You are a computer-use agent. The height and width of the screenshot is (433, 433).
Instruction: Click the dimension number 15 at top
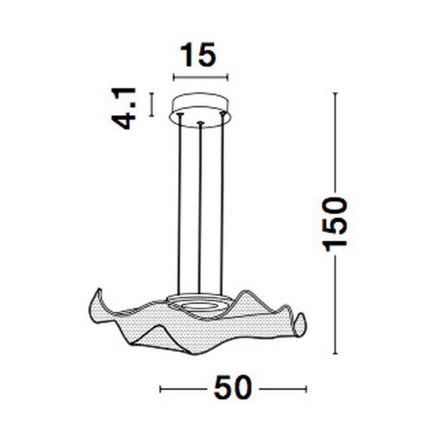pos(198,54)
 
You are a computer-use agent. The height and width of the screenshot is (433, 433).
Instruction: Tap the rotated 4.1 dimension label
pos(124,109)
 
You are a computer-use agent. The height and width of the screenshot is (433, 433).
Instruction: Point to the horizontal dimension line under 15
pos(201,77)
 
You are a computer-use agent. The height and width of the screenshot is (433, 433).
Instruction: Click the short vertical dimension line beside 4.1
pos(151,105)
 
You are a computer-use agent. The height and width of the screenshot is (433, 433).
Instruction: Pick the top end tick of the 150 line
pos(335,93)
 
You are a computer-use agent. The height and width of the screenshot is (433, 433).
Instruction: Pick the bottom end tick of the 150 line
pos(335,353)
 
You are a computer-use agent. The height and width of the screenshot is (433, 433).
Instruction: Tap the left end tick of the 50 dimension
pos(161,389)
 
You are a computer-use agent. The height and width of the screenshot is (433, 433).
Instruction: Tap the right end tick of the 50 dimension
pos(306,389)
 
